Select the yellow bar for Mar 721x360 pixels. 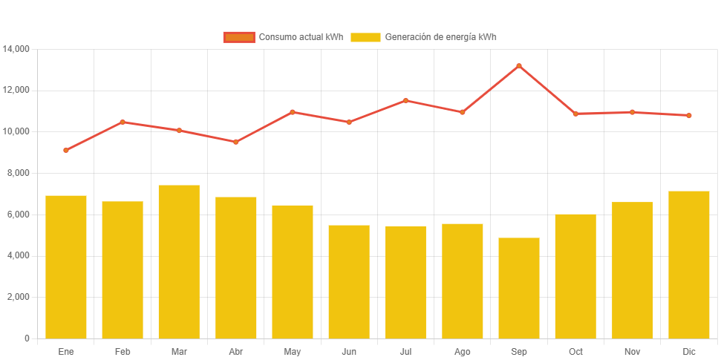point(179,261)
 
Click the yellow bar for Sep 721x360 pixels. point(519,288)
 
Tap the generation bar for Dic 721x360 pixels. point(689,264)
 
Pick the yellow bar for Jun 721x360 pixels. point(349,281)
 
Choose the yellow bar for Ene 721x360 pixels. point(66,266)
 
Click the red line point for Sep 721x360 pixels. point(519,66)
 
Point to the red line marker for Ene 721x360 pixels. point(66,150)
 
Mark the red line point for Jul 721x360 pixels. point(405,100)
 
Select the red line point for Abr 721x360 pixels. point(235,142)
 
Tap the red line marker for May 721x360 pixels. point(293,112)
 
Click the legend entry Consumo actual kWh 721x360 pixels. point(284,37)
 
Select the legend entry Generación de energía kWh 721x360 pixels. point(423,37)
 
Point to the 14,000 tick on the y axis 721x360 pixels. point(16,49)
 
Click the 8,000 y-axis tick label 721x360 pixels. point(16,173)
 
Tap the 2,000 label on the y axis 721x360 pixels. point(16,297)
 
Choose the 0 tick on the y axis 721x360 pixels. point(27,338)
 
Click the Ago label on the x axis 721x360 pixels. point(462,351)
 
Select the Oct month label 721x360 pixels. point(575,351)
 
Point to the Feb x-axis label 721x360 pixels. point(123,351)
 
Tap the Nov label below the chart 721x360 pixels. point(632,351)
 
